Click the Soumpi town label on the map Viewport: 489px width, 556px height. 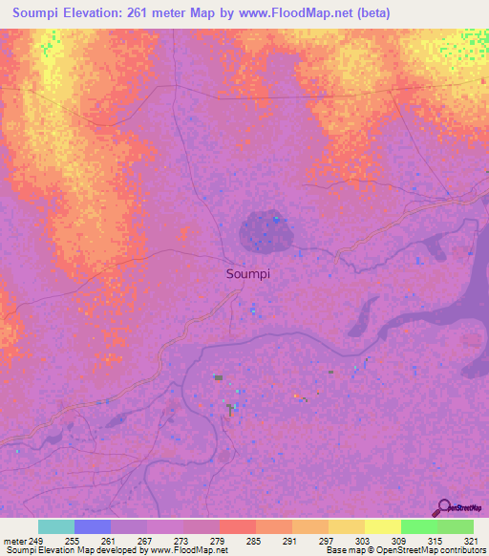click(x=248, y=273)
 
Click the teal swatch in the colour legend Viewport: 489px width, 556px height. click(x=56, y=526)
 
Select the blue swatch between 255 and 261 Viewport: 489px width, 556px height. click(x=93, y=526)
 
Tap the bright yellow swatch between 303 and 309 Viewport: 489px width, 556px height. click(x=383, y=526)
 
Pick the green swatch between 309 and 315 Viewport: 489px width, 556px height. click(x=419, y=526)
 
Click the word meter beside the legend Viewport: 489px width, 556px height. click(x=14, y=540)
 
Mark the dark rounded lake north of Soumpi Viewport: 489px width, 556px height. click(x=263, y=229)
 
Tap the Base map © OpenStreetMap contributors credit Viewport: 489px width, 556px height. click(x=405, y=550)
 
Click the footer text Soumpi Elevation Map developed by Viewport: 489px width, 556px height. click(x=67, y=550)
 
